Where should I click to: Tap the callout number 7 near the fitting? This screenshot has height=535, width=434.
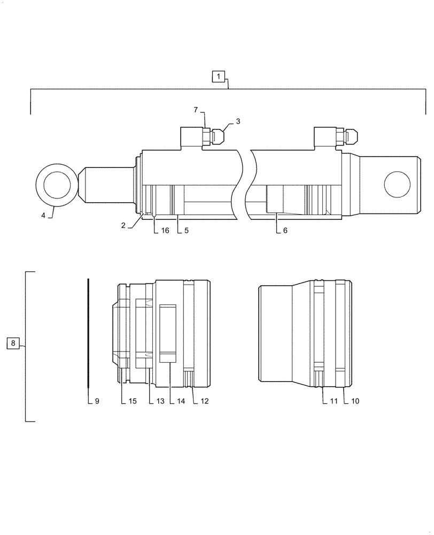pos(196,110)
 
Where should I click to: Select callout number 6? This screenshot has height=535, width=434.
pos(284,231)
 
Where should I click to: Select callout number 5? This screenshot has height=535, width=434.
pos(187,231)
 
